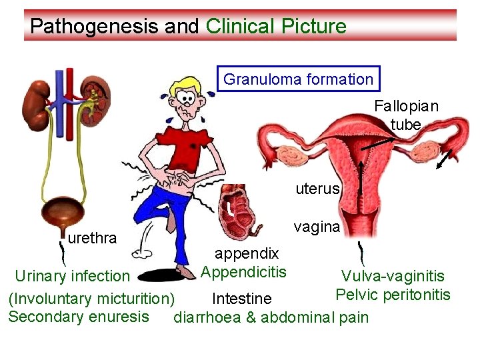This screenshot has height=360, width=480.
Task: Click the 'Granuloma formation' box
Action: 299,79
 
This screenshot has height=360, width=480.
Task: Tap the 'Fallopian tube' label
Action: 406,115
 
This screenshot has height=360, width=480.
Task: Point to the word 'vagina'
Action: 317,227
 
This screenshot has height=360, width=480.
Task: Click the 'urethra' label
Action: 93,238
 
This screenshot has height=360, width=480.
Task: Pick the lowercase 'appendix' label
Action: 246,253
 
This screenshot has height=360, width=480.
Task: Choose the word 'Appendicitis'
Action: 243,272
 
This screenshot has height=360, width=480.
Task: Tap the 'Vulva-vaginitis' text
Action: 393,276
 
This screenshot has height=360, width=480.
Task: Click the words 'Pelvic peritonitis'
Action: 393,295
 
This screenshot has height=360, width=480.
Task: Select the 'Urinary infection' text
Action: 72,275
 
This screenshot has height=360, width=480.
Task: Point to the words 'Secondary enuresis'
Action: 79,316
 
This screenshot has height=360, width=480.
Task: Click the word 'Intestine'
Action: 241,297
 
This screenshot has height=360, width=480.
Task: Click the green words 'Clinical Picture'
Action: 276,27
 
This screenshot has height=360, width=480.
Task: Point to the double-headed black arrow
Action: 444,160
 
